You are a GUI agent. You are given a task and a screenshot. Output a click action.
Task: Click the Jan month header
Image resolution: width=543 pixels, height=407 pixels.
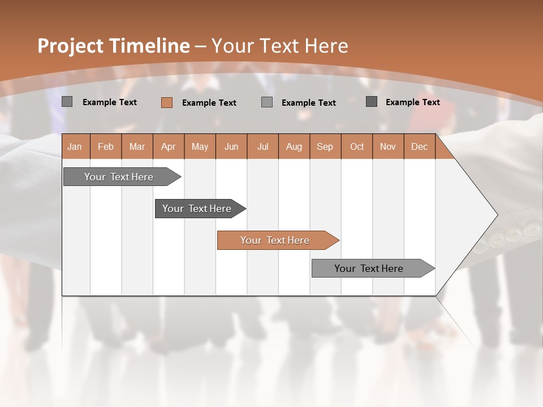click(75, 146)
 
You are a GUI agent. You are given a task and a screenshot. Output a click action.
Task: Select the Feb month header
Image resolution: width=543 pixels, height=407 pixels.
click(106, 146)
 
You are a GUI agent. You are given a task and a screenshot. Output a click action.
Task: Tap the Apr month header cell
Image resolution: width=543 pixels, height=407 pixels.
click(169, 146)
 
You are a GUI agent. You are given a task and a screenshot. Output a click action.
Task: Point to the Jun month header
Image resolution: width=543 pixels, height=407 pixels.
click(231, 146)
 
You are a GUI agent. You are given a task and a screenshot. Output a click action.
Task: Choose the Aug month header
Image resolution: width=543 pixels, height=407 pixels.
click(294, 146)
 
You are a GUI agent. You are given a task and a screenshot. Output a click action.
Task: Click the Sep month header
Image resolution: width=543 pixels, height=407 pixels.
click(325, 146)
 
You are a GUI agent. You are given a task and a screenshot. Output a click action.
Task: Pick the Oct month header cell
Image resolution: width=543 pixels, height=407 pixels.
click(357, 146)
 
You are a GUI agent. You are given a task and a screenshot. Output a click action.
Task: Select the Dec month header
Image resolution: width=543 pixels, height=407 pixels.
click(420, 146)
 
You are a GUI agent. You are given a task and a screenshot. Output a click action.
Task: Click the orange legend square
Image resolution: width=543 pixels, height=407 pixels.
click(167, 102)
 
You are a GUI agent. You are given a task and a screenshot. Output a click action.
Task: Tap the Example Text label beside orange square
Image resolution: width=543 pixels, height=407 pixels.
click(209, 103)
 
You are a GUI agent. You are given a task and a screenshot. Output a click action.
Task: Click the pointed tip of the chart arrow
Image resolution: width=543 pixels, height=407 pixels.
click(496, 215)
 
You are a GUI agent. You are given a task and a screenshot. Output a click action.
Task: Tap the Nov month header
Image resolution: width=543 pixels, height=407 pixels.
click(388, 146)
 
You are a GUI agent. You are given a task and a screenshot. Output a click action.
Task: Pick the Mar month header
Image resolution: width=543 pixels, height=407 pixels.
click(137, 146)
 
